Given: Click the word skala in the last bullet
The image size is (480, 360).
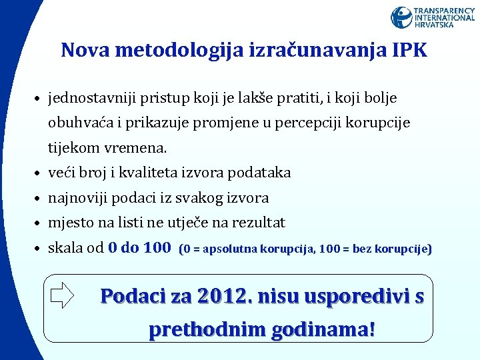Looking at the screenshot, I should [x=66, y=248].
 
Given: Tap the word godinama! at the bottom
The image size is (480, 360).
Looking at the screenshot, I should [x=325, y=329].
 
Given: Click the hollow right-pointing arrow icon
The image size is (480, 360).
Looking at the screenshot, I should [x=62, y=295].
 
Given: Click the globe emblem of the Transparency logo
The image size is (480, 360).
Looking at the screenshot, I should [x=401, y=17].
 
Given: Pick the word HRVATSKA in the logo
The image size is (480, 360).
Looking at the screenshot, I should [x=435, y=25].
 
